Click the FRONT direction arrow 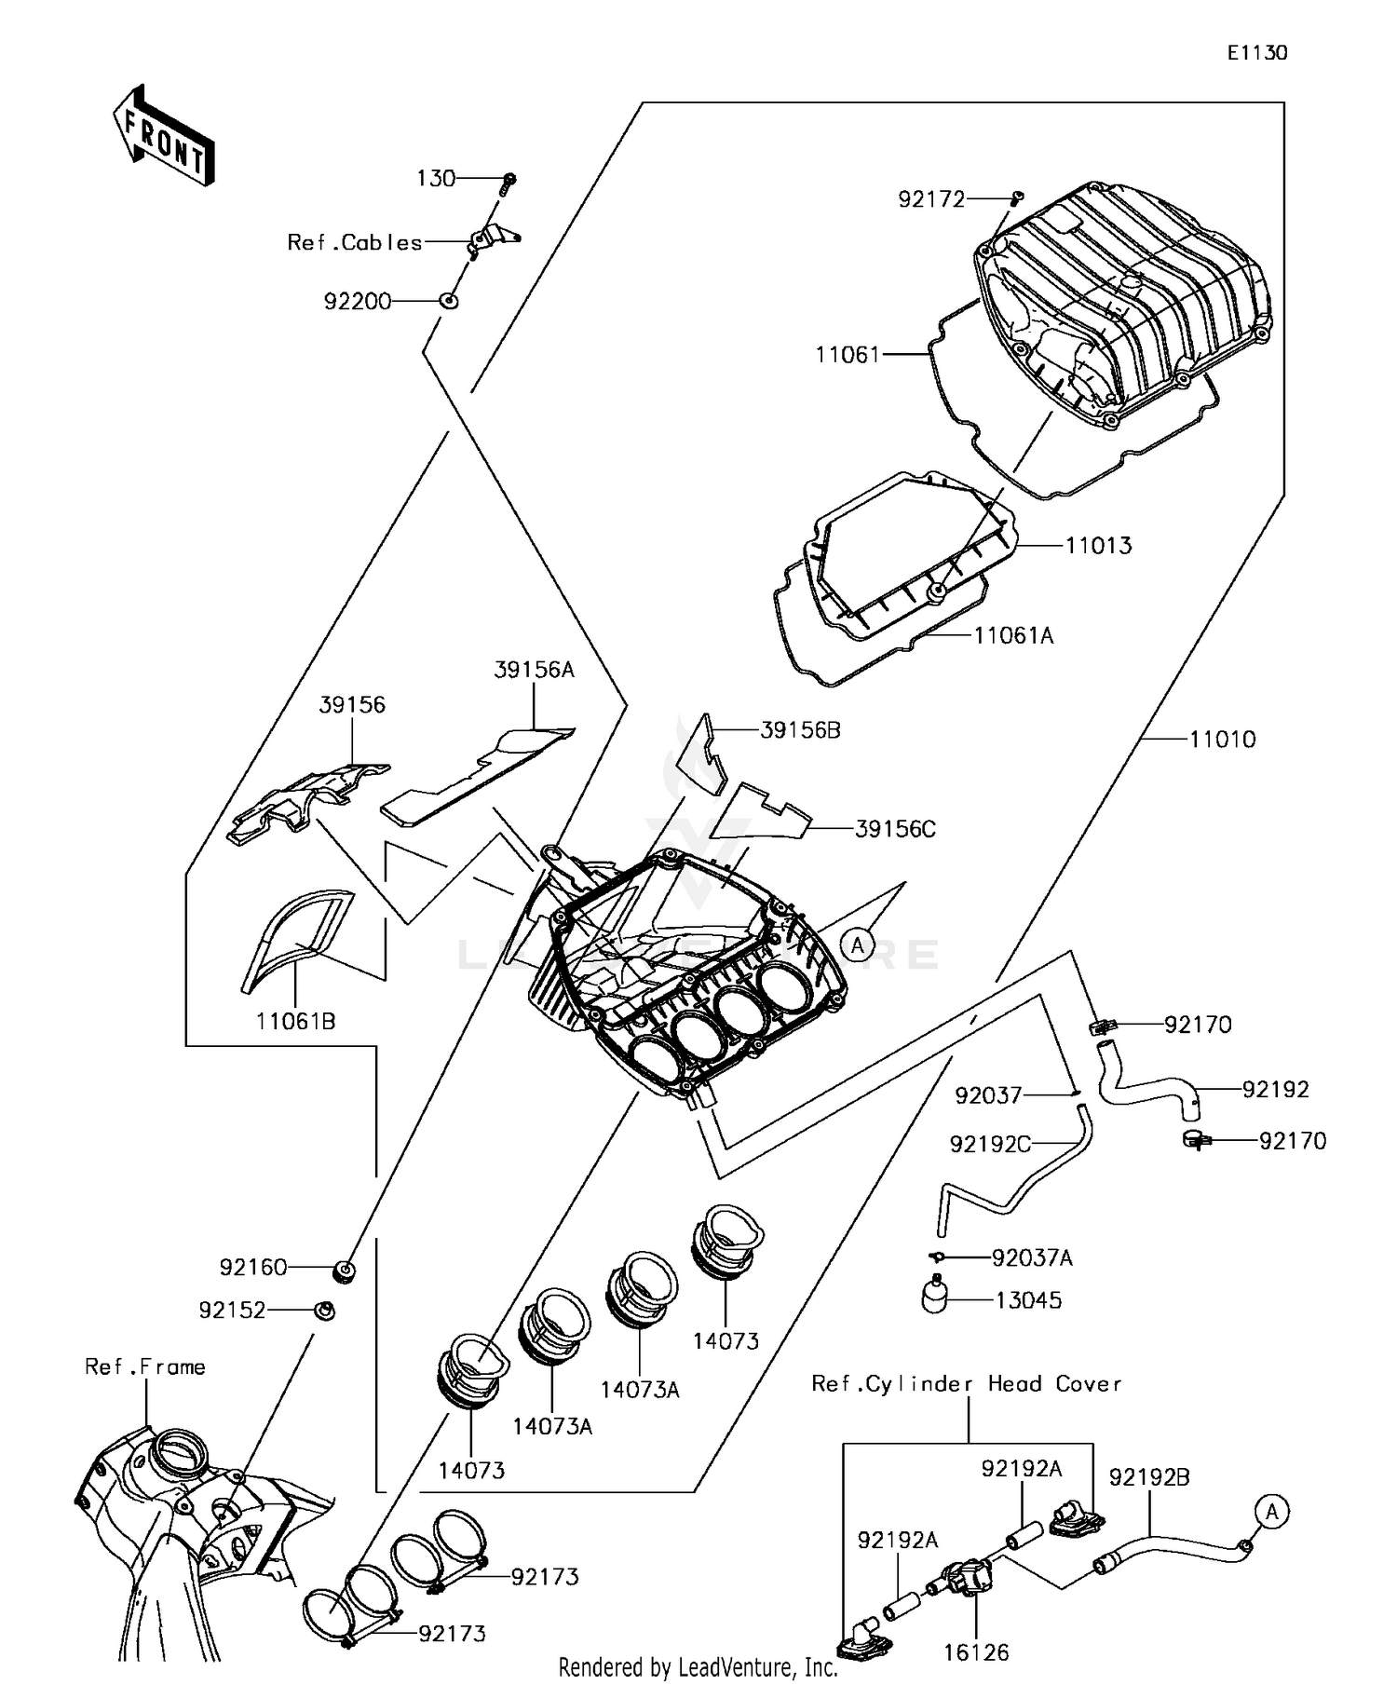click(164, 137)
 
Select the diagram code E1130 click(1256, 53)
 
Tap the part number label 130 click(436, 178)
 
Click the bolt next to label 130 click(509, 181)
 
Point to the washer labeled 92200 click(449, 301)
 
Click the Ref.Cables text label click(355, 243)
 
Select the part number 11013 click(1098, 546)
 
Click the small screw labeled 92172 click(1017, 197)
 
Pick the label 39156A click(534, 670)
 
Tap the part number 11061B click(295, 1022)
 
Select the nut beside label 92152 click(324, 1311)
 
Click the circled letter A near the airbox click(857, 946)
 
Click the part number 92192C click(989, 1144)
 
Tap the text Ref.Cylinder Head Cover click(966, 1384)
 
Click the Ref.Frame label click(145, 1367)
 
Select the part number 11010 click(1222, 740)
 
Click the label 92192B click(1148, 1477)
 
